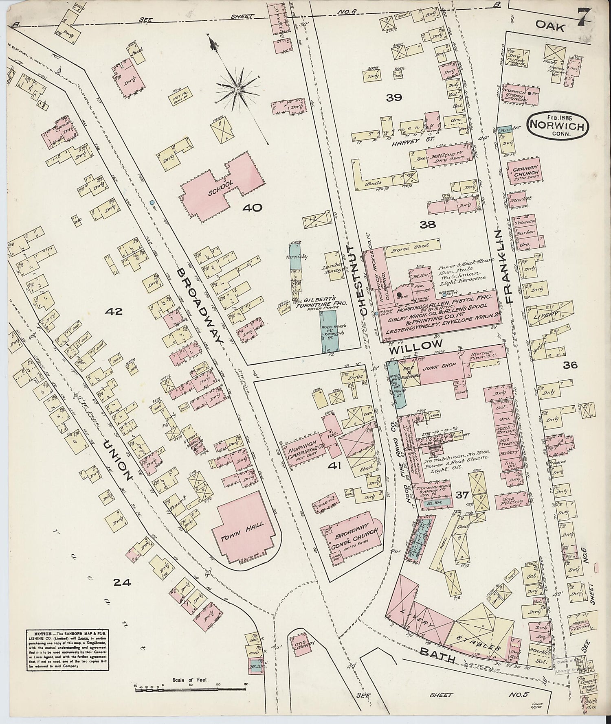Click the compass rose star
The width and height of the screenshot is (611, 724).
tap(237, 88)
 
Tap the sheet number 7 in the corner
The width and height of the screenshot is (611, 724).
tap(585, 18)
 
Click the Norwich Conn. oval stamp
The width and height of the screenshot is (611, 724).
tap(557, 126)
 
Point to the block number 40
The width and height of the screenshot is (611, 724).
tap(253, 208)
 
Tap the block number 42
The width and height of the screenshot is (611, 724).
tap(114, 312)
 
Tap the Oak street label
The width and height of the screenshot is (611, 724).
tap(550, 27)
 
